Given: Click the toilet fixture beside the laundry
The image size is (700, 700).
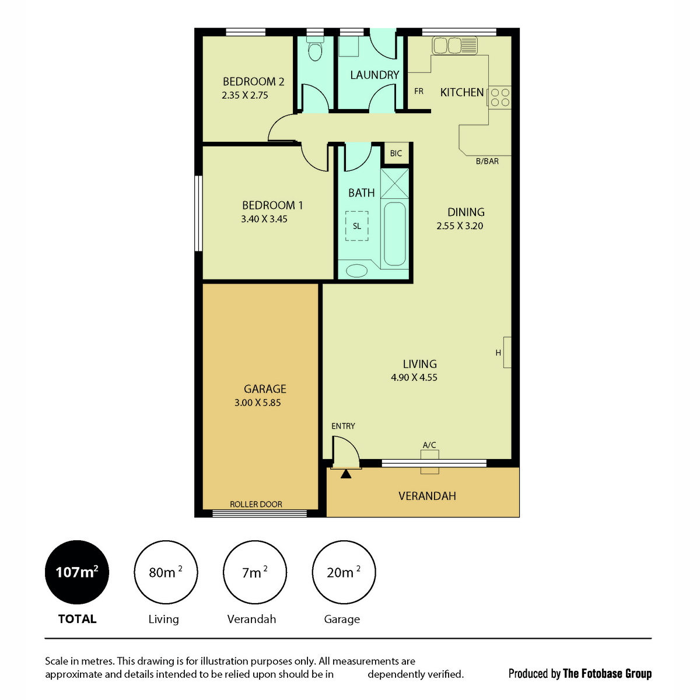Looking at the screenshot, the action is [314, 49].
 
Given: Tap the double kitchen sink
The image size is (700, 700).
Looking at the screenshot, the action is [454, 45].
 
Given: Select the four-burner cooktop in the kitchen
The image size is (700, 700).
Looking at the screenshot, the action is [500, 97].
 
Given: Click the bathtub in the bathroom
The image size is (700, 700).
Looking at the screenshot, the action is [394, 234].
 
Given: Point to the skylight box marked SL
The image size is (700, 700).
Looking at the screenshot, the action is [356, 226].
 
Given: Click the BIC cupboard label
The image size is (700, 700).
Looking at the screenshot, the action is [395, 153].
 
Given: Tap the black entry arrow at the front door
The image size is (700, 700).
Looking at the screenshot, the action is [345, 474].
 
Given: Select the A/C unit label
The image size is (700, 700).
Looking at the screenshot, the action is [429, 444].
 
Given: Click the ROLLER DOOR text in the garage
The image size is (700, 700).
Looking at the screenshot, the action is [256, 504].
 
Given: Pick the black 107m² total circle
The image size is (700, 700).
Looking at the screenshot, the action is [76, 572].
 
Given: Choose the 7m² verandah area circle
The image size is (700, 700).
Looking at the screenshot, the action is [255, 572].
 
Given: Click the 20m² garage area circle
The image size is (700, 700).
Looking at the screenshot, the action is [344, 572].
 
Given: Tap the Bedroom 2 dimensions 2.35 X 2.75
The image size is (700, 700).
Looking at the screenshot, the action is [245, 95].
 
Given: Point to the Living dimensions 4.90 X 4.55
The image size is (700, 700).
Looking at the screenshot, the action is [414, 377].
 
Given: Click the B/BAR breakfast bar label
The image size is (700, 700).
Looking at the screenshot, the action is [487, 161].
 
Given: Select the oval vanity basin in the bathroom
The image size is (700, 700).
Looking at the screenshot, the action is [356, 271].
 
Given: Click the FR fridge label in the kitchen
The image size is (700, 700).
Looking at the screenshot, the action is [418, 91].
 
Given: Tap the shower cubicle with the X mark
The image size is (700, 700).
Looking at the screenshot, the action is [394, 183].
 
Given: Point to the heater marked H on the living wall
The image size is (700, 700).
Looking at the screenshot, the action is [507, 352].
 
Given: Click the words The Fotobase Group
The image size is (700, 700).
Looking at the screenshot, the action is [607, 674].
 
